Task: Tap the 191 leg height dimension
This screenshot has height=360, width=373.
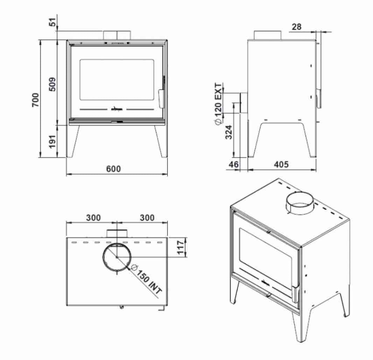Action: pos(52,141)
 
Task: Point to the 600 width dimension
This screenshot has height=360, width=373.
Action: pos(114,169)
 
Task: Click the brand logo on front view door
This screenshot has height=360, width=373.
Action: pos(117,109)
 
